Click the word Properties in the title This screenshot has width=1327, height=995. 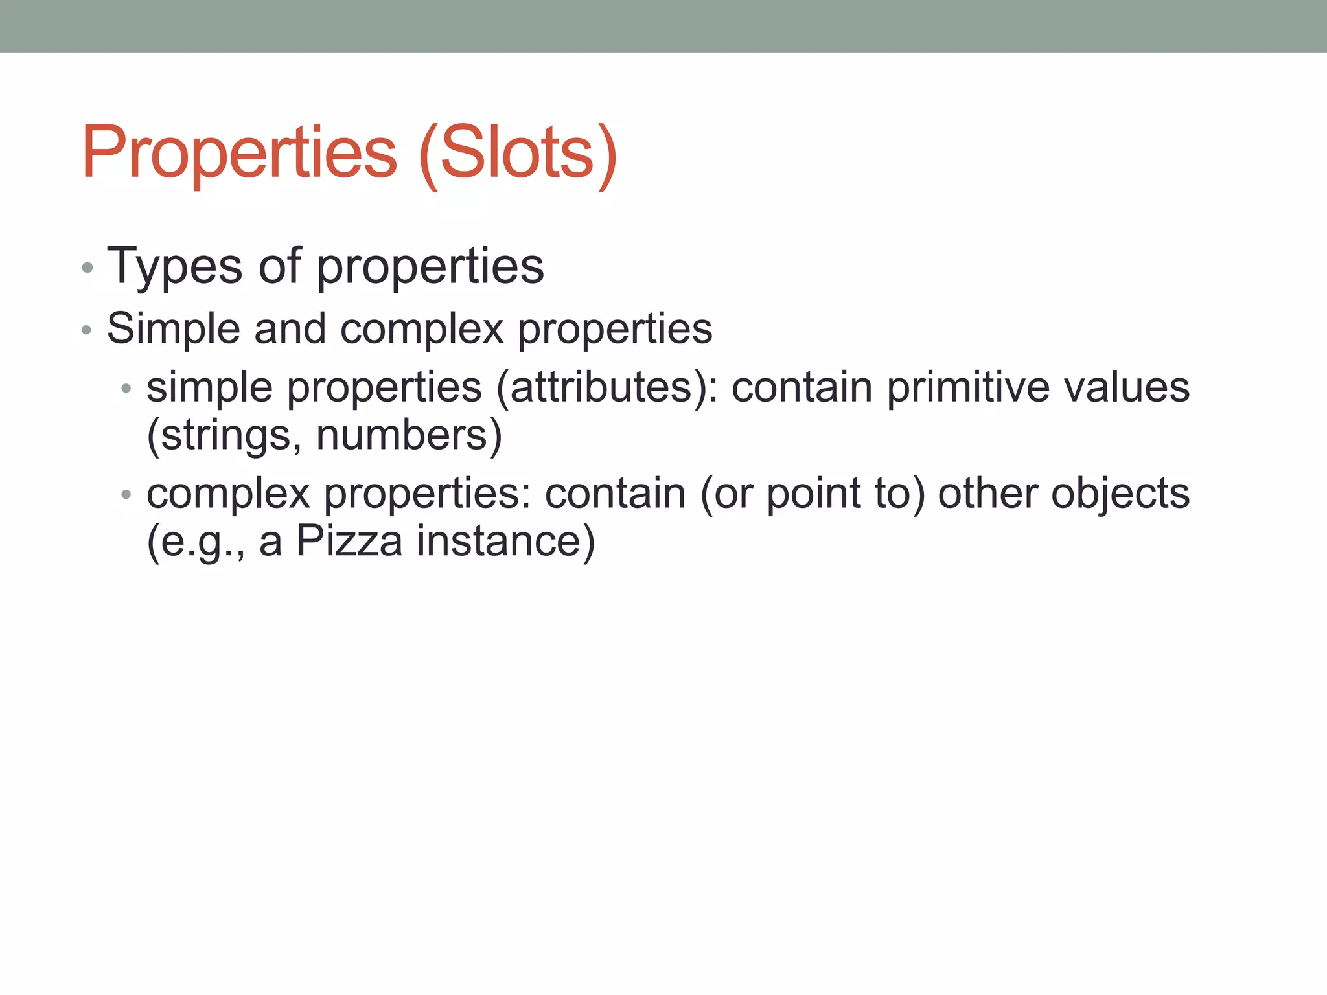(x=239, y=153)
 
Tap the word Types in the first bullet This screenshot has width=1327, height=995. (x=174, y=266)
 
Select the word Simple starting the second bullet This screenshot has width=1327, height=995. (x=173, y=328)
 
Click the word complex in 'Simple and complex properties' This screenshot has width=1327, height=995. (x=422, y=330)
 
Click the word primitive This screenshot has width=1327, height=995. (x=967, y=388)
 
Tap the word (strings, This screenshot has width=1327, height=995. (x=224, y=435)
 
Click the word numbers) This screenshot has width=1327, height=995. (x=409, y=435)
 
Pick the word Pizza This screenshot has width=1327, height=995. (x=349, y=541)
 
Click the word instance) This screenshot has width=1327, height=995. (x=505, y=541)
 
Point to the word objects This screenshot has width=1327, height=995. (x=1120, y=494)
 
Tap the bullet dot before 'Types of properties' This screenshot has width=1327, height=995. (x=87, y=268)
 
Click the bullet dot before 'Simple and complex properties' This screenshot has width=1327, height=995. (x=87, y=331)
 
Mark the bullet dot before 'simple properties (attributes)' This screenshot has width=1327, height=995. (x=126, y=389)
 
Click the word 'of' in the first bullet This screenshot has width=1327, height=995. (x=279, y=266)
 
